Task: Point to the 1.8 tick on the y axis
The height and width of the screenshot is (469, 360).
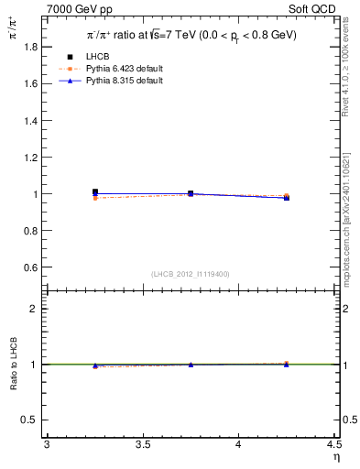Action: [32, 47]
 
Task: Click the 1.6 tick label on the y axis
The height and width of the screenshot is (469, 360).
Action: [32, 83]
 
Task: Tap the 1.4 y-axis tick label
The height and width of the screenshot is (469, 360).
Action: [32, 120]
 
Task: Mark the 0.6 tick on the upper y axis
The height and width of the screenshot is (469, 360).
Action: [32, 267]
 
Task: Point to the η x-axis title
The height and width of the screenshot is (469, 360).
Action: [335, 457]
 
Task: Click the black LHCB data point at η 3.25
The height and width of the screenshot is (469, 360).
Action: [94, 192]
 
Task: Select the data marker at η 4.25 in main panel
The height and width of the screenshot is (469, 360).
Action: [286, 196]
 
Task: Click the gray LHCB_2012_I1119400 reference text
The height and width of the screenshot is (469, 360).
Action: [191, 274]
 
